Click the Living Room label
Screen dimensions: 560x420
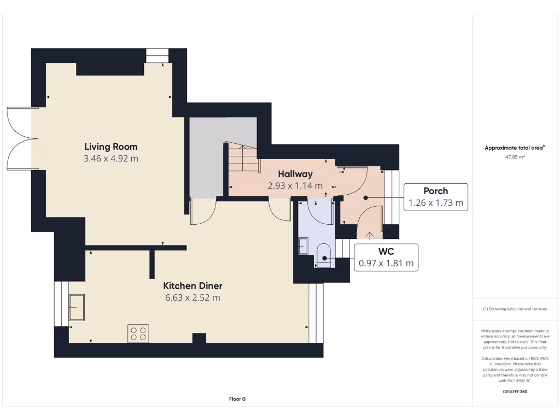pos(110,147)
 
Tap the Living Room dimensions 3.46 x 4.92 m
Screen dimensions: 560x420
pos(110,159)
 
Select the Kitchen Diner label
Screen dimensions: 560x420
pos(193,285)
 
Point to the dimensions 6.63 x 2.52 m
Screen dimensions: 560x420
pos(192,297)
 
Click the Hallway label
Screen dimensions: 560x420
pos(295,174)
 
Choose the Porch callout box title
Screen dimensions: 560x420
pos(436,191)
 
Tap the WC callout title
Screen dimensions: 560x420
pos(386,252)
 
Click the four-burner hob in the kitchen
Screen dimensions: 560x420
pos(138,334)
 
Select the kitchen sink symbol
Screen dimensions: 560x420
pos(77,307)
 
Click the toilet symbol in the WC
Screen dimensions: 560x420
pos(324,255)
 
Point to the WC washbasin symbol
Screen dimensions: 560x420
pos(303,246)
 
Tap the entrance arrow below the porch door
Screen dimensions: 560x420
pos(370,235)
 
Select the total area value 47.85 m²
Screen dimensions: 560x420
pos(515,157)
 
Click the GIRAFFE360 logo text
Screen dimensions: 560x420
pos(515,392)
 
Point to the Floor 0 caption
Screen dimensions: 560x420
pos(237,399)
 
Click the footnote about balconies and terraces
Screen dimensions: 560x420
pos(515,309)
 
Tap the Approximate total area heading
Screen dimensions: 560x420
pos(515,148)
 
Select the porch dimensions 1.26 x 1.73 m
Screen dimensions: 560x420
pos(436,203)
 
